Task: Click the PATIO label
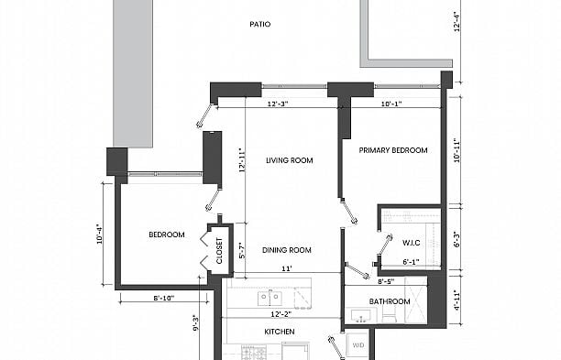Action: coord(260,25)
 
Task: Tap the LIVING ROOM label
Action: coord(290,160)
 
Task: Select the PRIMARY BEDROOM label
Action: coord(393,150)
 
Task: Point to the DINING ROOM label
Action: coord(287,250)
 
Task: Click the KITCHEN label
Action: coord(280,332)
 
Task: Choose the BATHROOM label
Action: coord(390,301)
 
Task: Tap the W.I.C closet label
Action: coord(411,243)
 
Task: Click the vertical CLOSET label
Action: coord(219,251)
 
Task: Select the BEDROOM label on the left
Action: coord(167,235)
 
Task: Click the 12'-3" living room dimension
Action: coord(278,104)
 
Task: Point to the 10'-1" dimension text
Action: coord(391,104)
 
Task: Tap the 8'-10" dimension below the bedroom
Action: coord(164,298)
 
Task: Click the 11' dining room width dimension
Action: coord(287,268)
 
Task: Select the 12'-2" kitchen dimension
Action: coord(280,314)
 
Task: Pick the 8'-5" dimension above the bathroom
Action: coord(386,281)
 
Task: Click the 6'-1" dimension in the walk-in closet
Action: coord(411,262)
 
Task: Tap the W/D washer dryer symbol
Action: coord(357,345)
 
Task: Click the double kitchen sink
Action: coord(269,298)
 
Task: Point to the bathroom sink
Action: coord(361,316)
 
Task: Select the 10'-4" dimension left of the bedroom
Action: coord(100,235)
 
